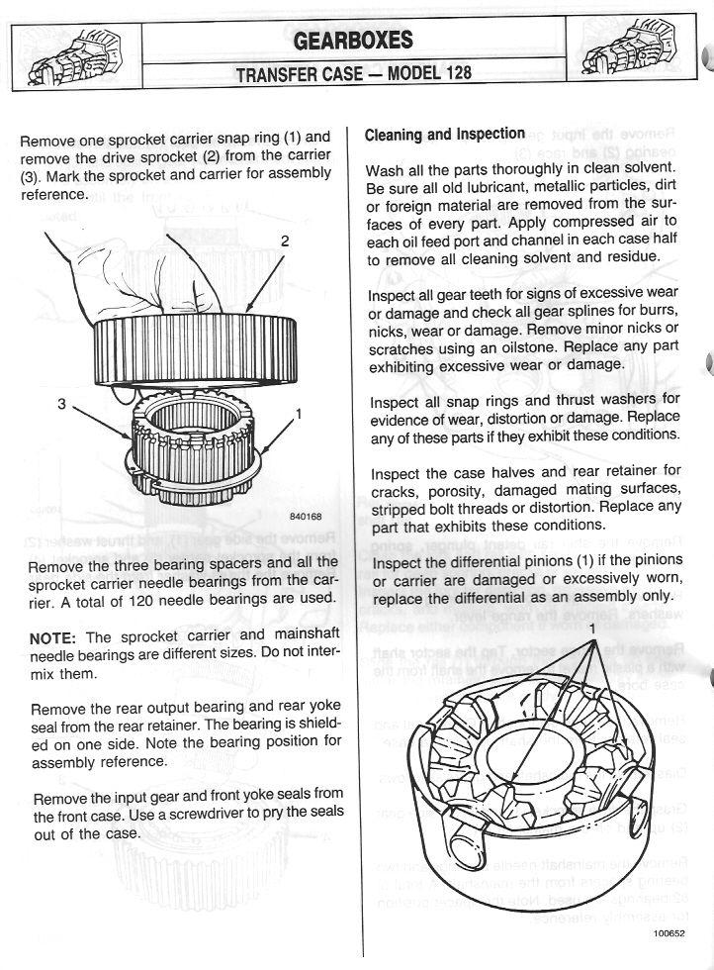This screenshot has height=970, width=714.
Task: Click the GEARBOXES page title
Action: click(x=353, y=41)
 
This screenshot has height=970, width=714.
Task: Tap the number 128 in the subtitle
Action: click(x=454, y=73)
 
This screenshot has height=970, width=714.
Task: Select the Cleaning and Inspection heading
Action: click(x=445, y=134)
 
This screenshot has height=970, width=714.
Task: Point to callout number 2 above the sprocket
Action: click(x=284, y=241)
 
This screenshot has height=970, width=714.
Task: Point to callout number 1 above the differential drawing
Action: click(x=591, y=629)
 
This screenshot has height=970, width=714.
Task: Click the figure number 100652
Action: click(x=669, y=931)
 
